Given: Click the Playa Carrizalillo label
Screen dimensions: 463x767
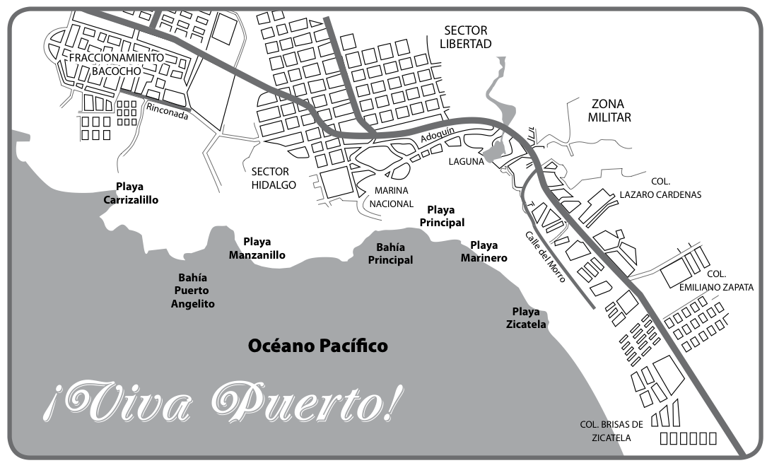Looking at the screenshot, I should [x=131, y=193].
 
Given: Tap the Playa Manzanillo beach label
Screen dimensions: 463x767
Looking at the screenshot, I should [x=257, y=248].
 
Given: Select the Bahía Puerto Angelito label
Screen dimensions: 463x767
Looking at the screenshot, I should [x=192, y=291].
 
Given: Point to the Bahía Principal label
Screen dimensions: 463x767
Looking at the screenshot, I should [x=390, y=253].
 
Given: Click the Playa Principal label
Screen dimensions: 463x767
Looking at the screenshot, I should [x=442, y=216].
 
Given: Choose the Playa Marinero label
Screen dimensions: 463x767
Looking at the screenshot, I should [x=484, y=252].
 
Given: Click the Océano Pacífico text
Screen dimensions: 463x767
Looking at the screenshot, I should [x=317, y=346].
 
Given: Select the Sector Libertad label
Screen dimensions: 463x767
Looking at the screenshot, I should [x=466, y=37].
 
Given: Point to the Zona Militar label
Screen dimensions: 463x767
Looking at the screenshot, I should [x=609, y=110].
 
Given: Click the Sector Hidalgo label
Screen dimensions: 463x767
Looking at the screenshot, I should [x=273, y=178].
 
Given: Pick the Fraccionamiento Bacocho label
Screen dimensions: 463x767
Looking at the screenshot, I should [x=117, y=64].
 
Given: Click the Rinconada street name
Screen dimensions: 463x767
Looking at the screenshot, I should [x=168, y=111].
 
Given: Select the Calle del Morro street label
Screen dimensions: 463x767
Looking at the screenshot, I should [x=544, y=257].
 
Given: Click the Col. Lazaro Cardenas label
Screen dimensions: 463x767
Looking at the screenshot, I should [x=660, y=188].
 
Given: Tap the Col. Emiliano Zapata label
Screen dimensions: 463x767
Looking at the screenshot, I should [x=715, y=281].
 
